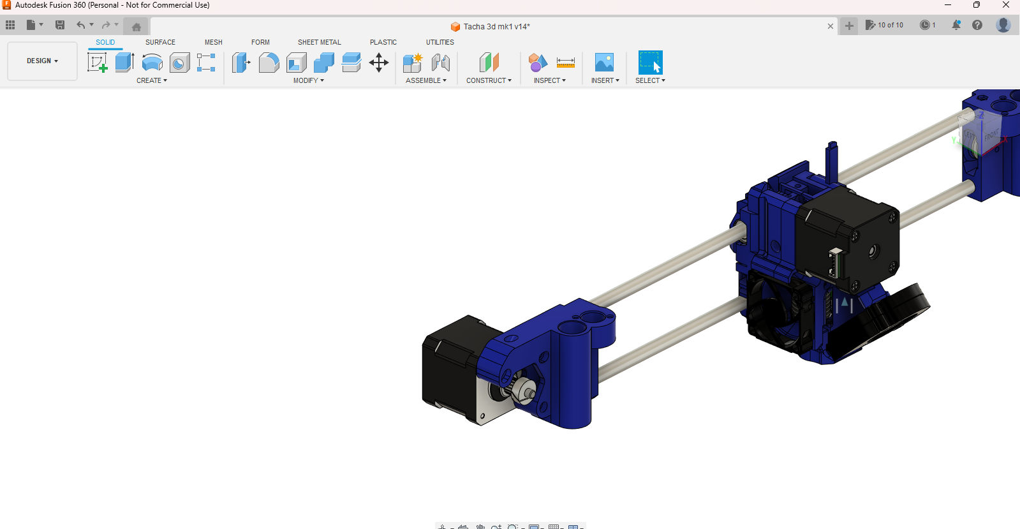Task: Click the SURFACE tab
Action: (x=160, y=42)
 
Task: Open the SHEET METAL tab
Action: (x=319, y=42)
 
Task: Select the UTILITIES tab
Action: (x=440, y=42)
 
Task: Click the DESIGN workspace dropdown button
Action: (x=42, y=61)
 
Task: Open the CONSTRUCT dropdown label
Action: (x=489, y=80)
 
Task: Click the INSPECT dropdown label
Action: (x=549, y=80)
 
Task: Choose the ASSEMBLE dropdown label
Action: (x=425, y=80)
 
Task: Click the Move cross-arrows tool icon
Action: (x=379, y=63)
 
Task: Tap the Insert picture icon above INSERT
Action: (x=604, y=63)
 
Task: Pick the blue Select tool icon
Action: (x=650, y=63)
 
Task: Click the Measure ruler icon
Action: (x=565, y=63)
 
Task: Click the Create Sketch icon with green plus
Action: (x=97, y=63)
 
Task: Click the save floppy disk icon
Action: (x=60, y=25)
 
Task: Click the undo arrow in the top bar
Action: (x=81, y=25)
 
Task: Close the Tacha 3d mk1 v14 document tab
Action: (x=830, y=26)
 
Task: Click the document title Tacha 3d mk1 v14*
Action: (x=496, y=26)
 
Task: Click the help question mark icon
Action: (x=977, y=25)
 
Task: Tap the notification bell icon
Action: (x=956, y=25)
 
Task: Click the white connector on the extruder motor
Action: (x=835, y=262)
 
